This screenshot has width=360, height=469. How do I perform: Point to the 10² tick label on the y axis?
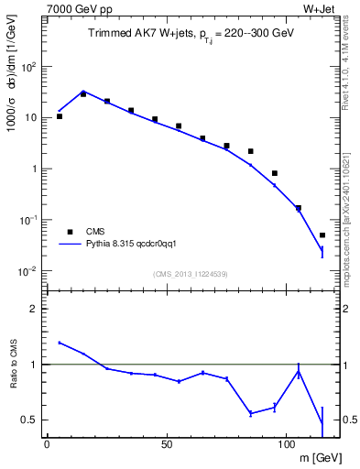pos(29,67)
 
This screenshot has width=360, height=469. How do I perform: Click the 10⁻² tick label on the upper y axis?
pos(29,271)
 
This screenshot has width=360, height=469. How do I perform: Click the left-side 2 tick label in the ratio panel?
pos(35,309)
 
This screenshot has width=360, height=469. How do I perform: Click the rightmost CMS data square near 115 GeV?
pos(322,235)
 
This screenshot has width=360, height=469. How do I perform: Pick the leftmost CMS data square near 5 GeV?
pos(59,116)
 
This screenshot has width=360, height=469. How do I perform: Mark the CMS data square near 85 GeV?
pos(250,151)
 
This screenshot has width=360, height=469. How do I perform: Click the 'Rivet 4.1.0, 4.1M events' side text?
pos(351,73)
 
